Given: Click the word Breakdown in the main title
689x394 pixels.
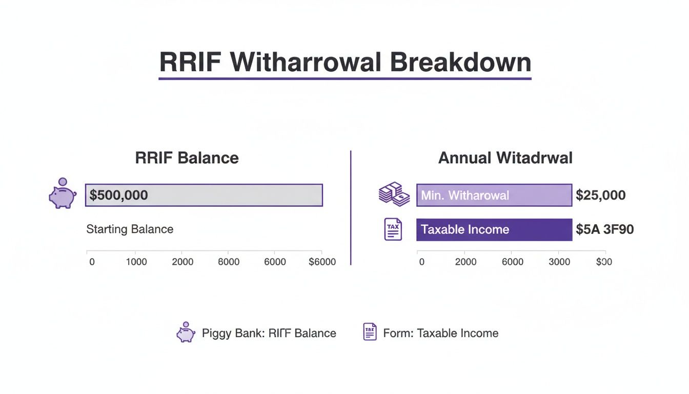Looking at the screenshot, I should (460, 62).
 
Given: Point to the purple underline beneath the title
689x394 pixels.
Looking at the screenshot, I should (344, 78).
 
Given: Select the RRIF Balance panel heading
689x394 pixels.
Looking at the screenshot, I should (187, 157).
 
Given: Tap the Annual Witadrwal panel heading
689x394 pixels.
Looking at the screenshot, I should (505, 157).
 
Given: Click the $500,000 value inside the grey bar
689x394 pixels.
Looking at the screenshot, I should (118, 195).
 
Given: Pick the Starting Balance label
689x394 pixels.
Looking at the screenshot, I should (130, 229).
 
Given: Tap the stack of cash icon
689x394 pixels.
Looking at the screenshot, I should (394, 194).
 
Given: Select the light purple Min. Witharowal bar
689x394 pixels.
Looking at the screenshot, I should (494, 195).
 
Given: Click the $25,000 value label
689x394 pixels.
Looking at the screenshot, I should (600, 195).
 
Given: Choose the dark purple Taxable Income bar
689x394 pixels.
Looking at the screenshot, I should (494, 229).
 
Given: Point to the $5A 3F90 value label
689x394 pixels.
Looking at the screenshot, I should (604, 229).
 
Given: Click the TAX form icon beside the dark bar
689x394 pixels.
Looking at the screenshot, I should (393, 229).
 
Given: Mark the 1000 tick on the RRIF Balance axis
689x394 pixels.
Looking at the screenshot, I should (136, 262).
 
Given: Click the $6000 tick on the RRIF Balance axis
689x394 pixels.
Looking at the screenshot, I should (322, 262).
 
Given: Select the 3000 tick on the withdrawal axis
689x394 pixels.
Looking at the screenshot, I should (559, 262).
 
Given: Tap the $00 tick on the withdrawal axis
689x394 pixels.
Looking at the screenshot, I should (604, 262).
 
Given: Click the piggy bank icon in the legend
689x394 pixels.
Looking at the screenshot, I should (186, 332).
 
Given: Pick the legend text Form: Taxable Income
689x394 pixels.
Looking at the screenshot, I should (440, 333).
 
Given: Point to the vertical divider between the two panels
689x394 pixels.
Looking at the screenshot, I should (350, 208).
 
